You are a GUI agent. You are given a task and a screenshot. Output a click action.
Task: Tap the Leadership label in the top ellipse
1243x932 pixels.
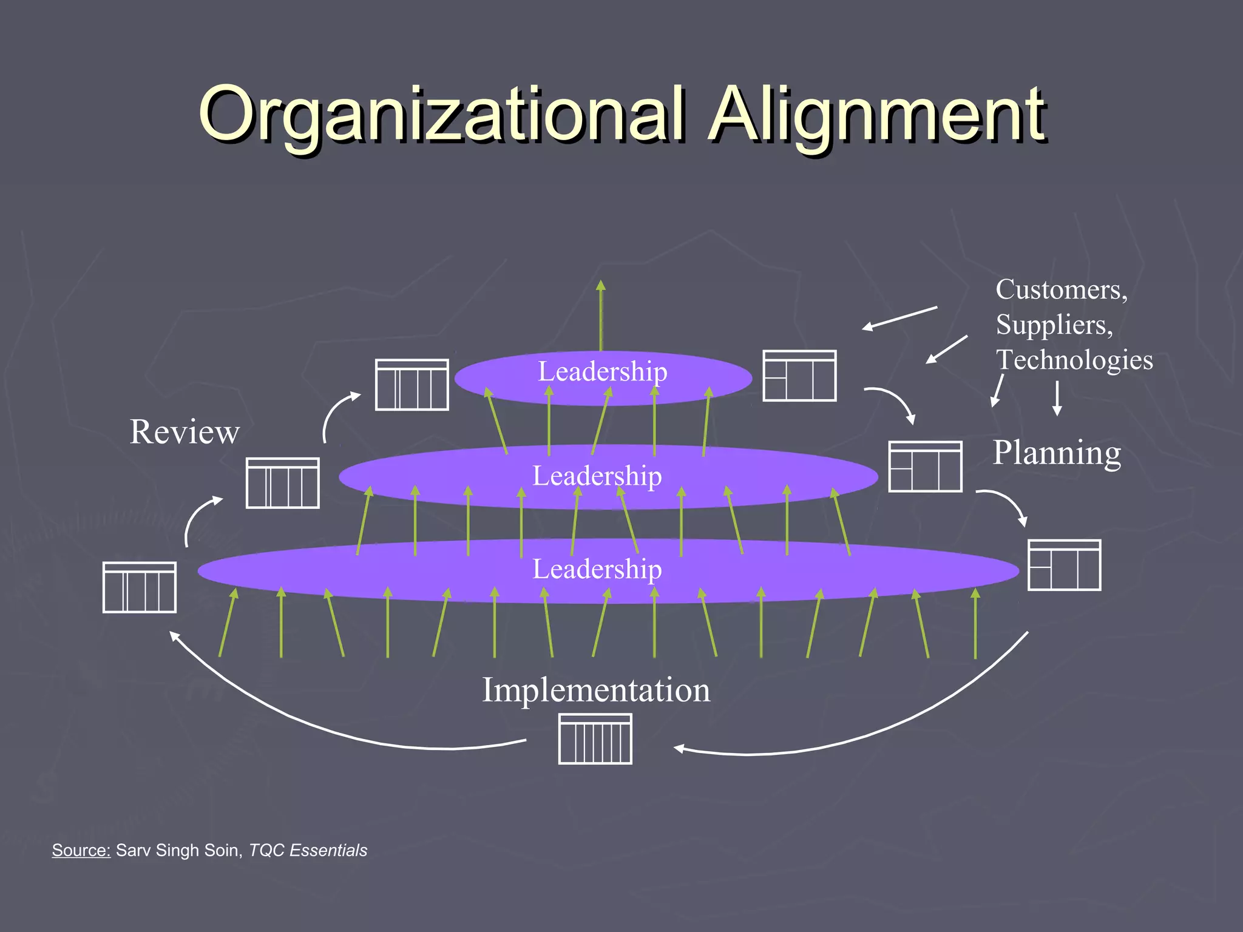pos(602,371)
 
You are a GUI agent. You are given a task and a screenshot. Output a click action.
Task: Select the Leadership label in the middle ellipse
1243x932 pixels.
pos(597,476)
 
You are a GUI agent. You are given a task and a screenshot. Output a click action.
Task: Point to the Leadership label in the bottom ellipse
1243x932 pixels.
pos(597,569)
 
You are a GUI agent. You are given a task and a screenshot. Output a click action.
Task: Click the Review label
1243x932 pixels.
pos(185,432)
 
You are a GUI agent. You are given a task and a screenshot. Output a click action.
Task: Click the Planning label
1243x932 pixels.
pos(1057,453)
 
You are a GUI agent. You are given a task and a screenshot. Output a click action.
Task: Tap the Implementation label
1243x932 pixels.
pos(596,690)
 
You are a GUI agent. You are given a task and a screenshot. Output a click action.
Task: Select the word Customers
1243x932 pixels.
pos(1061,289)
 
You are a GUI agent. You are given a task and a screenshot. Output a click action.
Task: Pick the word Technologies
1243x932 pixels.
pos(1074,360)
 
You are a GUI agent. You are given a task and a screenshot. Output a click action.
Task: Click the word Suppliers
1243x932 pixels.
pos(1054,325)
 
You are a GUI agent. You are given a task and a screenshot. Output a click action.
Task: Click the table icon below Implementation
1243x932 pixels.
pos(595,739)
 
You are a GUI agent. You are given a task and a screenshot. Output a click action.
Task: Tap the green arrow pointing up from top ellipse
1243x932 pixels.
pos(600,316)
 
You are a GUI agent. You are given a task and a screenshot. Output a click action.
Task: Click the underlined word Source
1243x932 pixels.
pos(81,850)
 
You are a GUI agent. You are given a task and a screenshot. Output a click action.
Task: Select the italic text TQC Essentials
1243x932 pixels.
pos(308,850)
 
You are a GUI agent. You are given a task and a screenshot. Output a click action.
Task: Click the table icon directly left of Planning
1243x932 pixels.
pos(925,466)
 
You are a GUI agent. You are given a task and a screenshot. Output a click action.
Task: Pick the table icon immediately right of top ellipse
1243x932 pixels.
pos(799,376)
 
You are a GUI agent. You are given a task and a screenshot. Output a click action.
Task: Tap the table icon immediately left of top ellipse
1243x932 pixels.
pos(412,385)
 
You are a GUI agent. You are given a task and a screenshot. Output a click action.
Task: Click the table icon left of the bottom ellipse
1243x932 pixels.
pos(140,587)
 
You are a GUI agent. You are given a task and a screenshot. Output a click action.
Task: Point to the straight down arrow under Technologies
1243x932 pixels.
pos(1057,398)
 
